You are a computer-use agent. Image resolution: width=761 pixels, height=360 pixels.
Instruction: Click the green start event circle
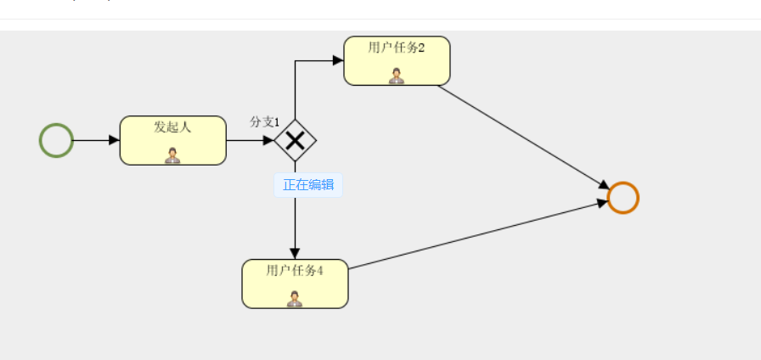(56, 140)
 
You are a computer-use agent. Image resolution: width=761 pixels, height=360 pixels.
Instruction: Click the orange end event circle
(623, 198)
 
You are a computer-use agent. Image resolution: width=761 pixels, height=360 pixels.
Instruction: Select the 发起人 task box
(172, 141)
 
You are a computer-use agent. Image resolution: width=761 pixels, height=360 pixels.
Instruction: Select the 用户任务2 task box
(397, 61)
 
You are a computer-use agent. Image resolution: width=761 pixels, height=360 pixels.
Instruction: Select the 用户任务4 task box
(295, 284)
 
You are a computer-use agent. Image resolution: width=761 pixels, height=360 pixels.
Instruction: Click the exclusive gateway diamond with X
(295, 140)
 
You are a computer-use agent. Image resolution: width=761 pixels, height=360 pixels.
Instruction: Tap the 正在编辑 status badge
(308, 185)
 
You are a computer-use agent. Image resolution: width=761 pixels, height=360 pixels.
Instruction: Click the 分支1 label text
(264, 122)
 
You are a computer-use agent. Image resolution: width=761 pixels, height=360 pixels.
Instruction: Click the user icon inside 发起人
(172, 155)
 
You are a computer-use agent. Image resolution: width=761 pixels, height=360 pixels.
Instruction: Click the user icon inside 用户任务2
(397, 76)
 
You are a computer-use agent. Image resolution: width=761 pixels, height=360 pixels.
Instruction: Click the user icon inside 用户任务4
(295, 298)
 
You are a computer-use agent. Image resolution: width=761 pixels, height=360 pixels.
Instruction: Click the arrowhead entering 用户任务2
(338, 60)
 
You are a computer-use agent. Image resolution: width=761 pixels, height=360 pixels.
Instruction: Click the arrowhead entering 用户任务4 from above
(295, 254)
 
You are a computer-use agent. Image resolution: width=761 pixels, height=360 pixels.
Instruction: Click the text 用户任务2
(397, 48)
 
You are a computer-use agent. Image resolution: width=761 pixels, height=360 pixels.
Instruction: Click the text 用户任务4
(295, 271)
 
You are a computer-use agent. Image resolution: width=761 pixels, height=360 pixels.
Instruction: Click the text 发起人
(172, 127)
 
